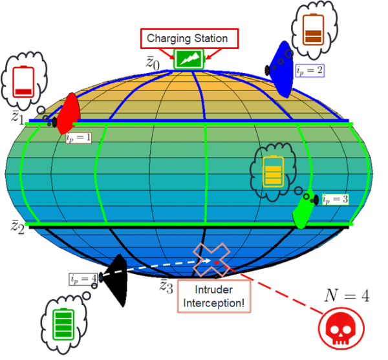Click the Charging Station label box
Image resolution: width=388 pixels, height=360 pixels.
pyautogui.click(x=189, y=38)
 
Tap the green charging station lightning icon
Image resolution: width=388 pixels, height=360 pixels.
pyautogui.click(x=189, y=59)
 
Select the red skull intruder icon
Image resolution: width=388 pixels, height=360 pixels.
pyautogui.click(x=341, y=328)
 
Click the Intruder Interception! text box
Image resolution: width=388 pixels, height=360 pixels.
pyautogui.click(x=214, y=296)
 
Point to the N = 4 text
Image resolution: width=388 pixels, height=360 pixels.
pyautogui.click(x=347, y=295)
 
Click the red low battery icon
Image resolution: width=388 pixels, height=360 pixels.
pyautogui.click(x=23, y=81)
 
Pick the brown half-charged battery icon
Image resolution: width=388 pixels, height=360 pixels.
pyautogui.click(x=313, y=30)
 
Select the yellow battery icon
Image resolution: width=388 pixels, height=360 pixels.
pyautogui.click(x=273, y=171)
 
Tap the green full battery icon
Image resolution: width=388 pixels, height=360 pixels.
pyautogui.click(x=63, y=324)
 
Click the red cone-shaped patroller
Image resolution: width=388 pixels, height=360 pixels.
pyautogui.click(x=68, y=114)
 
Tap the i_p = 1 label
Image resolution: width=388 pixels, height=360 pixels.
pyautogui.click(x=78, y=138)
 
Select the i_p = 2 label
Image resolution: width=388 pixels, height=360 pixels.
pyautogui.click(x=310, y=70)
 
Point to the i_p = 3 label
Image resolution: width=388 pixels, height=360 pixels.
pyautogui.click(x=335, y=199)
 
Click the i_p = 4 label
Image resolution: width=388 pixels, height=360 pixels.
pyautogui.click(x=83, y=279)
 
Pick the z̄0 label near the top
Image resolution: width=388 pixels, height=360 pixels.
pyautogui.click(x=153, y=63)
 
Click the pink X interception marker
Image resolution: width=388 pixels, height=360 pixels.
pyautogui.click(x=211, y=260)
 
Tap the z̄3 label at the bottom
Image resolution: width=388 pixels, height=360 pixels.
pyautogui.click(x=166, y=286)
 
